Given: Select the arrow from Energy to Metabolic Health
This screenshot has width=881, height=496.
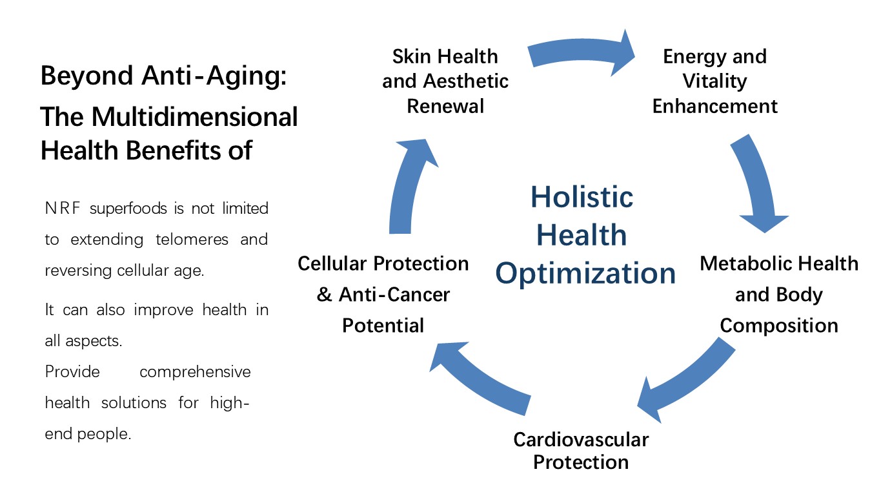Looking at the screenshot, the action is point(757,181).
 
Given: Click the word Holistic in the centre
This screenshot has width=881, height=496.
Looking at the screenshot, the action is point(582,197).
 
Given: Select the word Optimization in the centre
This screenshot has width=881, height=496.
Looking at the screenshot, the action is point(585,273).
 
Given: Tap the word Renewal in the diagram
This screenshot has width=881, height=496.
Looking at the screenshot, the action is point(445,107).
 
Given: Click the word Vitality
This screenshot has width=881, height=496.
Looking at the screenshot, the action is point(714,81).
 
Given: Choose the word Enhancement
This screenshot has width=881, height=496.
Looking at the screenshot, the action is point(714,107).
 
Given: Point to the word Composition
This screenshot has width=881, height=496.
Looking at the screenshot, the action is point(779,326).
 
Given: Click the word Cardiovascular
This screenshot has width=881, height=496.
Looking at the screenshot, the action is point(581,439).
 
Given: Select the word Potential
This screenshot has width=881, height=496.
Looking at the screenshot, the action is point(383,325).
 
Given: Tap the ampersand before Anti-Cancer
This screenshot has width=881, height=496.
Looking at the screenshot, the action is point(324,294).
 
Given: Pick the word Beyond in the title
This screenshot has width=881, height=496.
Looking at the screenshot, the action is point(86,76).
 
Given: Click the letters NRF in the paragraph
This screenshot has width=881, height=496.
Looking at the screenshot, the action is point(63,208).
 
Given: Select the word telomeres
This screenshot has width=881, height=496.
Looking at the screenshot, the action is point(192,240).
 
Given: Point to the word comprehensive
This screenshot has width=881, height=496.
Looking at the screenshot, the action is point(195,372).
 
